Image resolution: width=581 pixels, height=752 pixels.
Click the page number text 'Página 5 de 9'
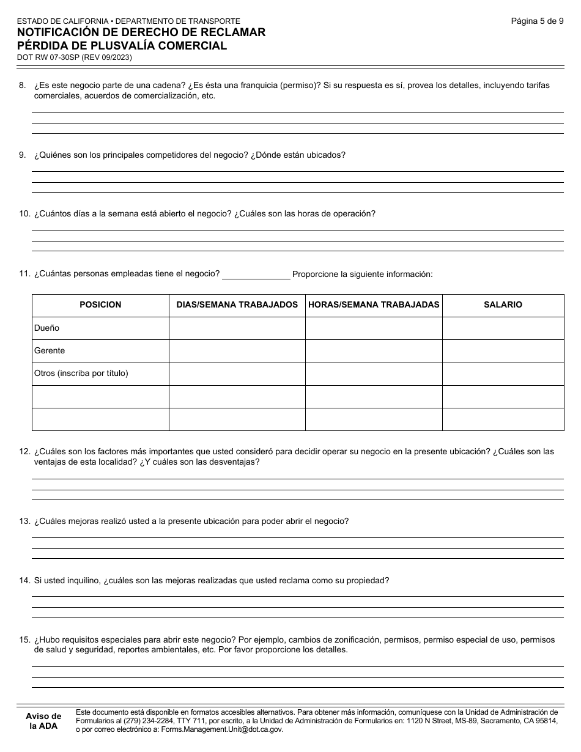point(537,21)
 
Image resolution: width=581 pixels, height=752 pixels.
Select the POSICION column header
point(100,304)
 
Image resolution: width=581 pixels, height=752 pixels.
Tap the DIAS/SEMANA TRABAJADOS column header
point(237,304)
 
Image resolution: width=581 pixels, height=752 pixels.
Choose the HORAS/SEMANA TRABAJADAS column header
point(374,304)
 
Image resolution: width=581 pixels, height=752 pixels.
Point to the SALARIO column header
point(503,304)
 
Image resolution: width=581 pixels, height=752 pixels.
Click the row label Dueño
point(47,328)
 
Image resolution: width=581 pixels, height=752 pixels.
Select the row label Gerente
point(50,351)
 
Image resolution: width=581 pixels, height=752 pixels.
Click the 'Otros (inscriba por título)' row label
point(81,374)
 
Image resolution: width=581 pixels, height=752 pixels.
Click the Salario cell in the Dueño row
point(503,328)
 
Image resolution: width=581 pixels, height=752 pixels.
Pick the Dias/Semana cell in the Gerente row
point(237,351)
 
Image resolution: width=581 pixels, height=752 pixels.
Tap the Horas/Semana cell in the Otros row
point(374,374)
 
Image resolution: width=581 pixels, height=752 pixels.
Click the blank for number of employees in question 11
point(256,274)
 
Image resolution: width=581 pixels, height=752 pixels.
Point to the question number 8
point(23,86)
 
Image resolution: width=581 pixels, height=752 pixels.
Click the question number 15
point(24,640)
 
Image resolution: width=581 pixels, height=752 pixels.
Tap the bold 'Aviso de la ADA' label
point(43,721)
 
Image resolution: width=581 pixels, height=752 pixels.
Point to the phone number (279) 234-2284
point(146,720)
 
